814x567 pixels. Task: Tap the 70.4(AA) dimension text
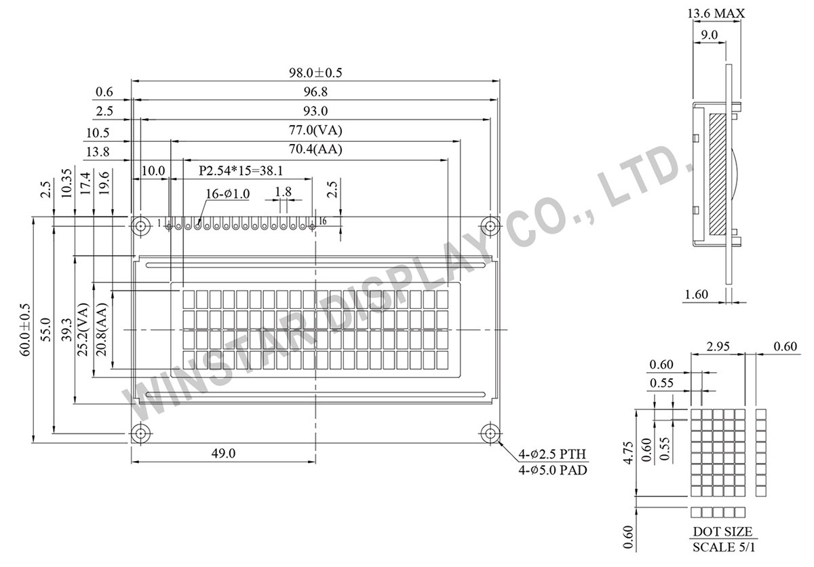point(313,149)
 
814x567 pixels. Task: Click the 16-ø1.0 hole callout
point(228,194)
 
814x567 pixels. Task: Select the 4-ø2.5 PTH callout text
point(553,454)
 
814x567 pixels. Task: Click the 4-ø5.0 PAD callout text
point(553,469)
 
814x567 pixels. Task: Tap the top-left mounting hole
point(141,225)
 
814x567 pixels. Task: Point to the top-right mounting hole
point(490,225)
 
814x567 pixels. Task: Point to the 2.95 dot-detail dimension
point(718,348)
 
